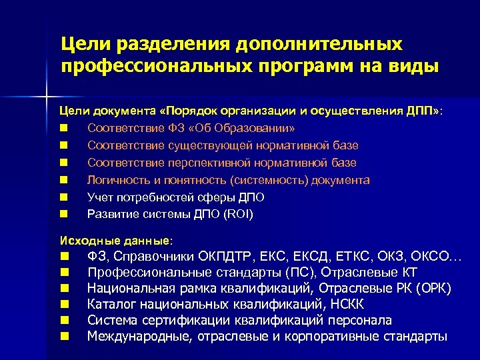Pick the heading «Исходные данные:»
coord(116,240)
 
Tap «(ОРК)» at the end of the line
coord(433,289)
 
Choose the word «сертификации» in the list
coord(183,321)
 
